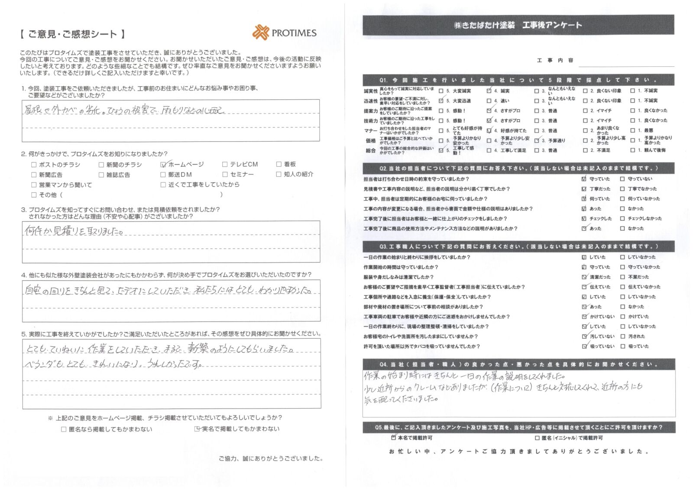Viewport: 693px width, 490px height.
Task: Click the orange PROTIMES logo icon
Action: pyautogui.click(x=261, y=32)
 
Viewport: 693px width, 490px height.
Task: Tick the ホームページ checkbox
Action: pyautogui.click(x=163, y=165)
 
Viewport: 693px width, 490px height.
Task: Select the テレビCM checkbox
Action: pyautogui.click(x=225, y=164)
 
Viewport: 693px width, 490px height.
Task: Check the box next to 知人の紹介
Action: pyautogui.click(x=278, y=174)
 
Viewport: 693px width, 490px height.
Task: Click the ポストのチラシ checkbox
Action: pyautogui.click(x=34, y=165)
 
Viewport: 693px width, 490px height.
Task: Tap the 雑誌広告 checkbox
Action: pyautogui.click(x=101, y=175)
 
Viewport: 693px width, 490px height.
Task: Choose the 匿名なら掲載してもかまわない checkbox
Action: pyautogui.click(x=64, y=429)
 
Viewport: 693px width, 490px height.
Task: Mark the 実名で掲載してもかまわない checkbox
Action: pyautogui.click(x=197, y=429)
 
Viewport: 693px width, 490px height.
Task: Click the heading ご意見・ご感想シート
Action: pyautogui.click(x=72, y=34)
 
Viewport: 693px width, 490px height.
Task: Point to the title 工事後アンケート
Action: pyautogui.click(x=552, y=25)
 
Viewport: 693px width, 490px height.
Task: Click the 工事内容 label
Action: pyautogui.click(x=555, y=60)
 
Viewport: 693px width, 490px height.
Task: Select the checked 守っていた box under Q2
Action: pyautogui.click(x=584, y=179)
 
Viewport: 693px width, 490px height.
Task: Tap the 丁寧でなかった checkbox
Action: pyautogui.click(x=622, y=189)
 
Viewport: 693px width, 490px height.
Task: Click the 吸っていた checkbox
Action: pyautogui.click(x=623, y=346)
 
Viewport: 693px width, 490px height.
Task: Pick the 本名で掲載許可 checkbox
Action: pyautogui.click(x=393, y=438)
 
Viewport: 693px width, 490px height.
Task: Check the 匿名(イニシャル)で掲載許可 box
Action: pyautogui.click(x=537, y=438)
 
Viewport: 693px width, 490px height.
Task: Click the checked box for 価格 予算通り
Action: pyautogui.click(x=537, y=140)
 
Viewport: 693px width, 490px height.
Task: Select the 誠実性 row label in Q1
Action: pyautogui.click(x=371, y=91)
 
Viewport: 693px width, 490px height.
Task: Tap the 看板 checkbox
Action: pyautogui.click(x=278, y=164)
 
